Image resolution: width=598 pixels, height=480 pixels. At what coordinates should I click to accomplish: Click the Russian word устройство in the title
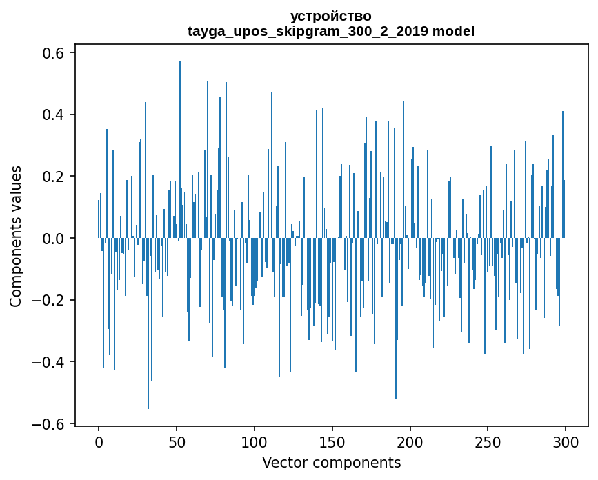pyautogui.click(x=331, y=16)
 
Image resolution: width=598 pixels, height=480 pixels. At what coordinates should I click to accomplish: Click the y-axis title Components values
pyautogui.click(x=16, y=236)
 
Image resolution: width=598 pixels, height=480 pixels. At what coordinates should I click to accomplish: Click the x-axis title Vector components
pyautogui.click(x=331, y=462)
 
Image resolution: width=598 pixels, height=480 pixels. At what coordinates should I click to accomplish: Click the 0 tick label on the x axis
pyautogui.click(x=99, y=442)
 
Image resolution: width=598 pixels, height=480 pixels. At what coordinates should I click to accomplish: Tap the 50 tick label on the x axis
pyautogui.click(x=177, y=442)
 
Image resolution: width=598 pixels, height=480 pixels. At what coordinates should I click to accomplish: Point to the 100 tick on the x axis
pyautogui.click(x=255, y=442)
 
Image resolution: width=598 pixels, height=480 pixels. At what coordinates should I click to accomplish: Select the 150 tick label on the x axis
pyautogui.click(x=332, y=442)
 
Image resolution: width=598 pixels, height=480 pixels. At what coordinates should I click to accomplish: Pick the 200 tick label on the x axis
pyautogui.click(x=410, y=442)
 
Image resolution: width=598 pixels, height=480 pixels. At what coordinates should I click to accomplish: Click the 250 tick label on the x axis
pyautogui.click(x=488, y=442)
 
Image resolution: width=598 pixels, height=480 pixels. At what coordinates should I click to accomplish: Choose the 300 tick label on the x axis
pyautogui.click(x=566, y=442)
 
